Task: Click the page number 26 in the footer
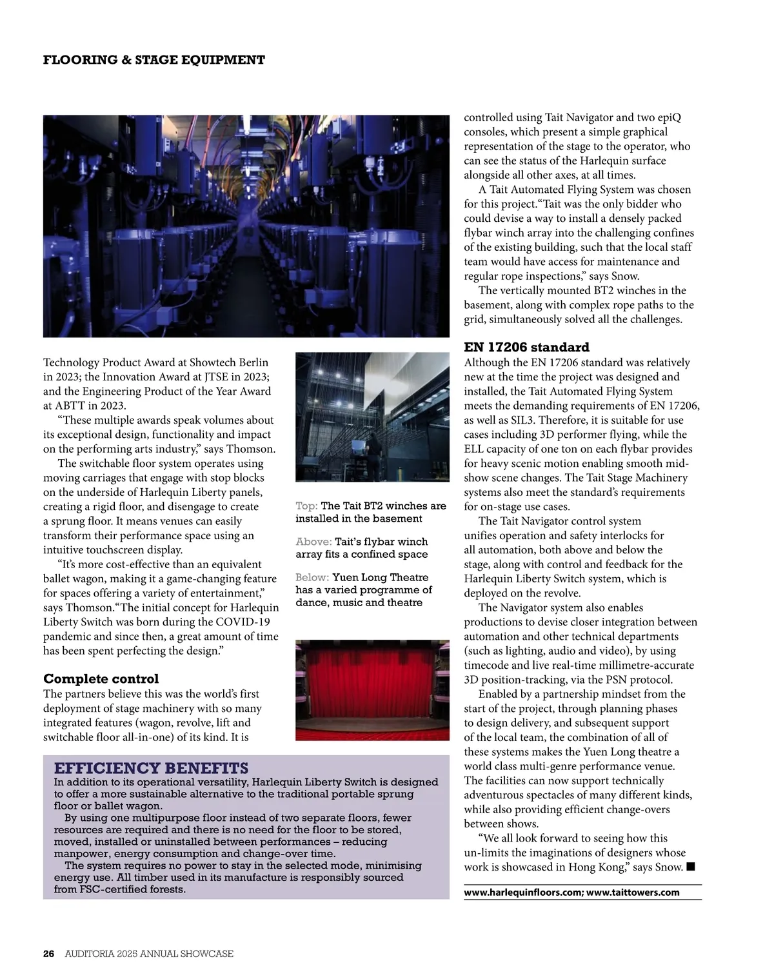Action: click(49, 953)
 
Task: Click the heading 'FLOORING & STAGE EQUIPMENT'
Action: click(154, 60)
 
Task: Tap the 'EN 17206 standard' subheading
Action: click(526, 348)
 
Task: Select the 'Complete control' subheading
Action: click(101, 678)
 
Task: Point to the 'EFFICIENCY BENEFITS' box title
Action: click(151, 768)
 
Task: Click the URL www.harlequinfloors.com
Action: click(523, 893)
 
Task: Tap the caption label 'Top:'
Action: click(306, 506)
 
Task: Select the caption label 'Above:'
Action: click(313, 542)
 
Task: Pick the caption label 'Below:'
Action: click(312, 577)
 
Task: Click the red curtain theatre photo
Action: click(372, 690)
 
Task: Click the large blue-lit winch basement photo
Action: click(246, 226)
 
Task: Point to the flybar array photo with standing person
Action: click(372, 417)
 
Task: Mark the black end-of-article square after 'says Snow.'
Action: click(691, 867)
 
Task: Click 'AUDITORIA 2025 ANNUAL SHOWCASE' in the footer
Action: click(149, 953)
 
